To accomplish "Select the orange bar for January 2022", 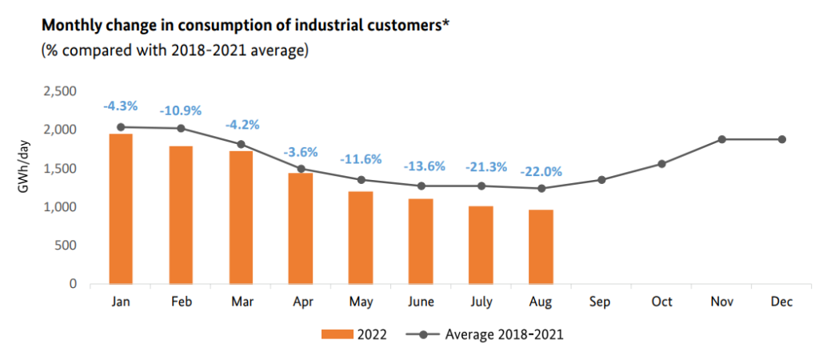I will [x=121, y=209].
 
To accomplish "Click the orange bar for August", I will [x=541, y=247].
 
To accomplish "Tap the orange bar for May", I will [x=361, y=238].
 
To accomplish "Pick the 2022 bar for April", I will [x=301, y=228].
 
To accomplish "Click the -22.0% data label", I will [x=541, y=171].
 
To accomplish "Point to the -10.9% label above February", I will [x=180, y=110].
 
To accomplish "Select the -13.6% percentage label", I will [x=421, y=166].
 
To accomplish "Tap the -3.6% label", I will [x=301, y=151].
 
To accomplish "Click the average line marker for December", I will [x=781, y=139].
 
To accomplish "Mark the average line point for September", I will [x=601, y=180].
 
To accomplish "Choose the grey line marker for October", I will [x=661, y=164].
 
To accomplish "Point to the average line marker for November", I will [x=721, y=139].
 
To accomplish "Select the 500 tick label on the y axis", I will [x=66, y=246].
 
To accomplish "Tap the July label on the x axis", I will [x=481, y=302].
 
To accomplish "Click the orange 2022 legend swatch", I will [x=336, y=335].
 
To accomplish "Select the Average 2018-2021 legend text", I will [x=504, y=335].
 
